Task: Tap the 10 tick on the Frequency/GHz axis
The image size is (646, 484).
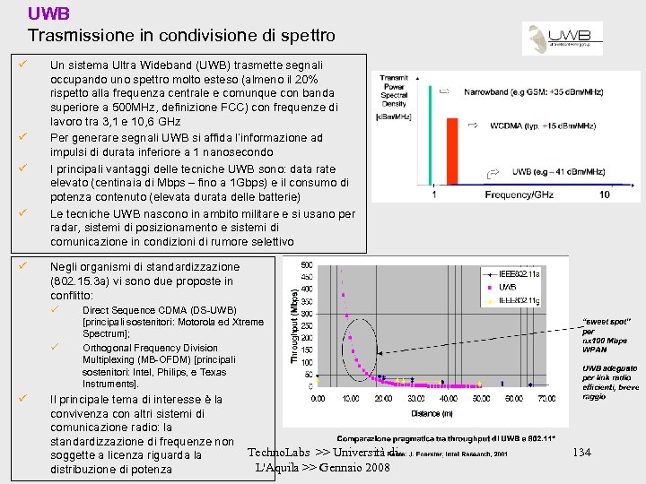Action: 604,194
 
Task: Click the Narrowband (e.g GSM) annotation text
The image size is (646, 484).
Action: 537,91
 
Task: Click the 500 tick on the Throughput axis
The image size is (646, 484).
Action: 307,264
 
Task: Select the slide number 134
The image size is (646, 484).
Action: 582,453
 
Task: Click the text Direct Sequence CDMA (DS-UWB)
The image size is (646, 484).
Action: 159,310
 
